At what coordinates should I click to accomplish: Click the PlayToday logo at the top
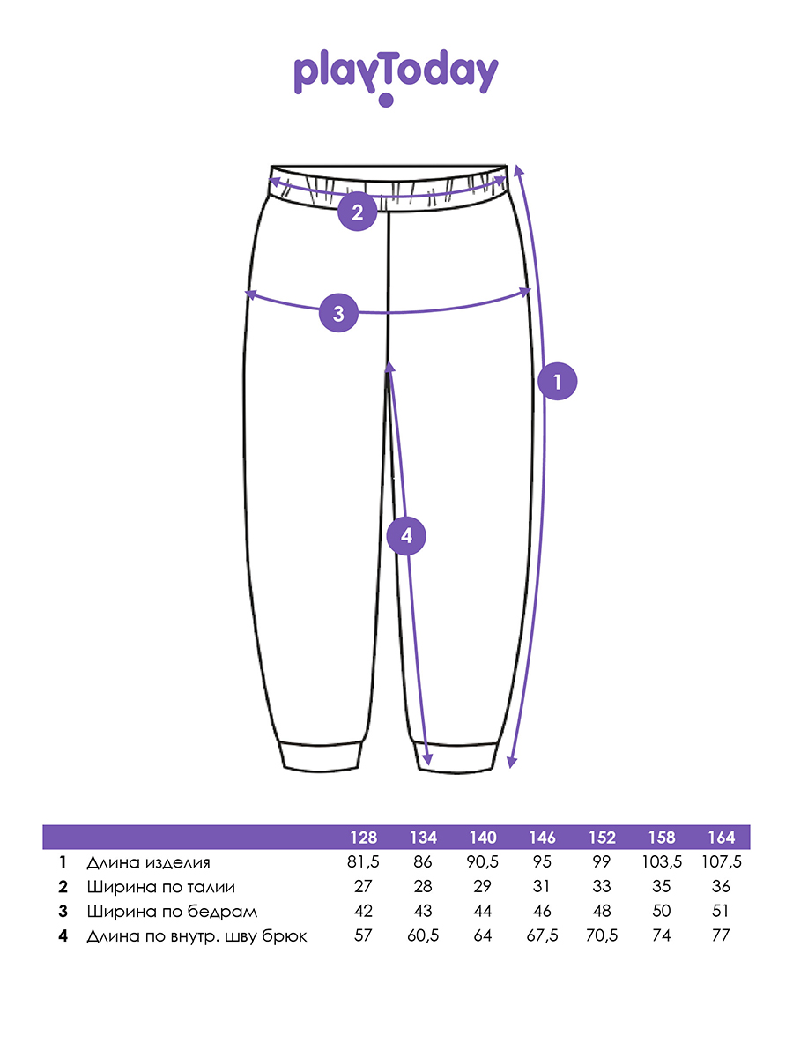(x=396, y=76)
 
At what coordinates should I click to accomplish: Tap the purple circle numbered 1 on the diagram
(x=557, y=381)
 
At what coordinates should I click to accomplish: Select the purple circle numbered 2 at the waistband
(x=357, y=212)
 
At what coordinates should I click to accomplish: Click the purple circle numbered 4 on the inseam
(x=406, y=535)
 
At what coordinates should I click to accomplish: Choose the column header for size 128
(x=363, y=838)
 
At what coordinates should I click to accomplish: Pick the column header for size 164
(x=721, y=838)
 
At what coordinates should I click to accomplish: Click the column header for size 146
(x=542, y=838)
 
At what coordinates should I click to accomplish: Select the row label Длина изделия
(x=148, y=862)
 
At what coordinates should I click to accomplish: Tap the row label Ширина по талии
(x=161, y=887)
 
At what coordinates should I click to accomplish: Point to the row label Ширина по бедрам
(x=172, y=911)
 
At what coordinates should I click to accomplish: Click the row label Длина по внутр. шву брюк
(x=196, y=935)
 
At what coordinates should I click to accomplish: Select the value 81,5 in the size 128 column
(x=363, y=862)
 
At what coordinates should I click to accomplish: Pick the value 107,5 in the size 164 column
(x=721, y=862)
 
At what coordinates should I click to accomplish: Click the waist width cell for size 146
(x=542, y=887)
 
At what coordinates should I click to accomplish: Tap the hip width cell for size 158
(x=662, y=911)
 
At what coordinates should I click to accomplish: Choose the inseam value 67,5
(x=542, y=935)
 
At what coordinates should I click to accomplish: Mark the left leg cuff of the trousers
(x=320, y=756)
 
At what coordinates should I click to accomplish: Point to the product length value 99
(x=602, y=862)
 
